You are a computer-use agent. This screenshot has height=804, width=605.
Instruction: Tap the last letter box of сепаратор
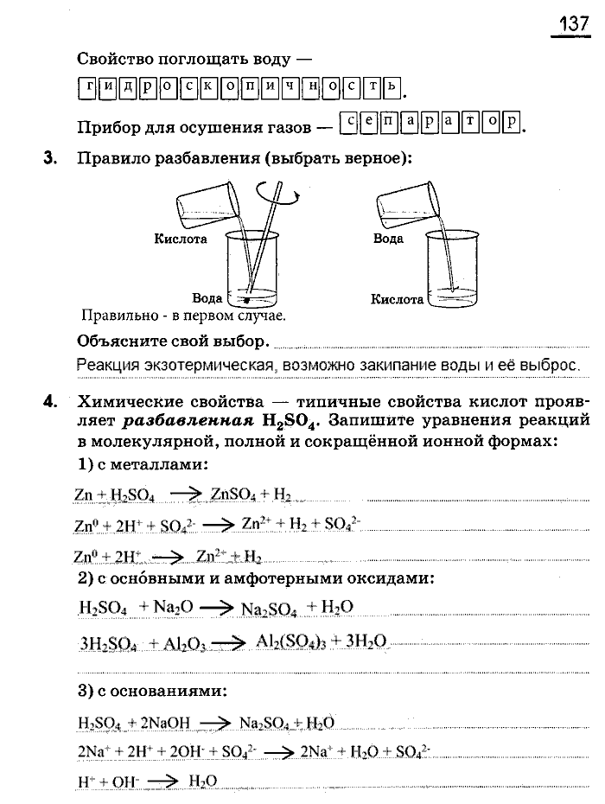point(511,123)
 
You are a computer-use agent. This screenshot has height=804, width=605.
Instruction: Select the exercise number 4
point(50,400)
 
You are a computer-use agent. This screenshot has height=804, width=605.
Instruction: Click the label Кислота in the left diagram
point(181,239)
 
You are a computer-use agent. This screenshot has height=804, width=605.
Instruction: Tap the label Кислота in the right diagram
point(397,300)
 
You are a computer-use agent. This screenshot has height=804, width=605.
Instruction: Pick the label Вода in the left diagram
point(207,298)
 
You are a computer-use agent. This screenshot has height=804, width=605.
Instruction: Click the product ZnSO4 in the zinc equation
point(233,495)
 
